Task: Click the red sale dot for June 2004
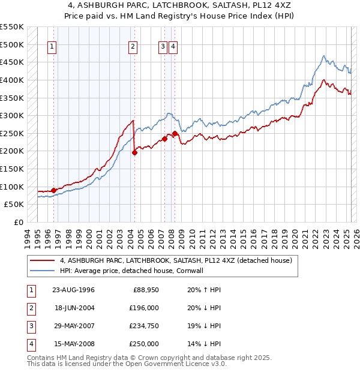134,152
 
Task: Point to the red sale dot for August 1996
54,190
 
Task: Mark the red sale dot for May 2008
175,133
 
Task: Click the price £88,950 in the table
144,290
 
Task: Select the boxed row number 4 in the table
31,344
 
